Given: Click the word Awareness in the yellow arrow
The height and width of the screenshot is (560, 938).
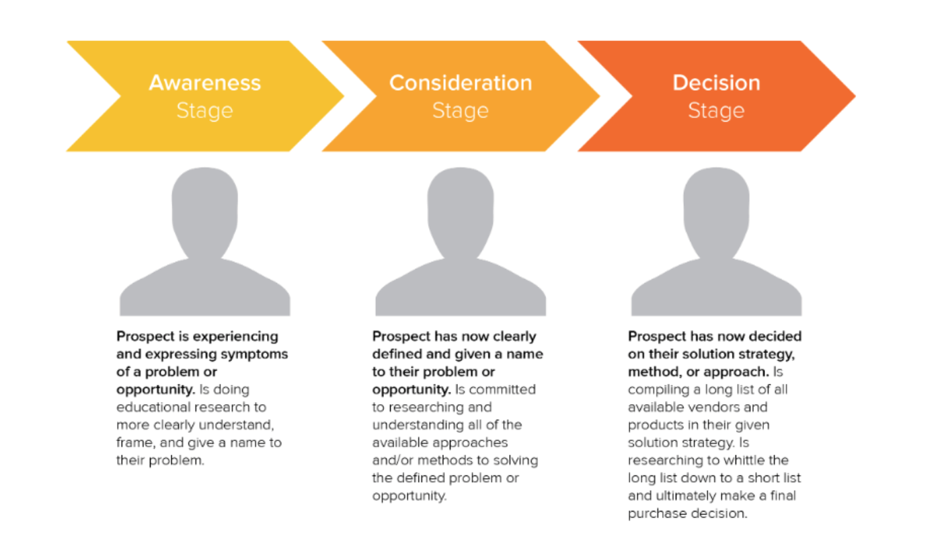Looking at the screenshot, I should point(204,83).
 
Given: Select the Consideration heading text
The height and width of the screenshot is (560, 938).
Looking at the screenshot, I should point(460,83).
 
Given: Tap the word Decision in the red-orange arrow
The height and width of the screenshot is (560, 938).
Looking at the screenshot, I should point(716,83).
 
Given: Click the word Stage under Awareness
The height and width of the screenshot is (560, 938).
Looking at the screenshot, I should point(204,110).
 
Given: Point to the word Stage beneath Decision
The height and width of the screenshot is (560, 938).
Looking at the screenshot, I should point(716,110).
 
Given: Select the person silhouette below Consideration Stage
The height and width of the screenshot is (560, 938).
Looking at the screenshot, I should point(461,249).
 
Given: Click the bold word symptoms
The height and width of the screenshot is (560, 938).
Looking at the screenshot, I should point(259,354).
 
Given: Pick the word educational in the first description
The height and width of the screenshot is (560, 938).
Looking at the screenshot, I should point(153,407).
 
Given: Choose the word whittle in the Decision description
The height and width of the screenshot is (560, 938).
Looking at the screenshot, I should point(744,461).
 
